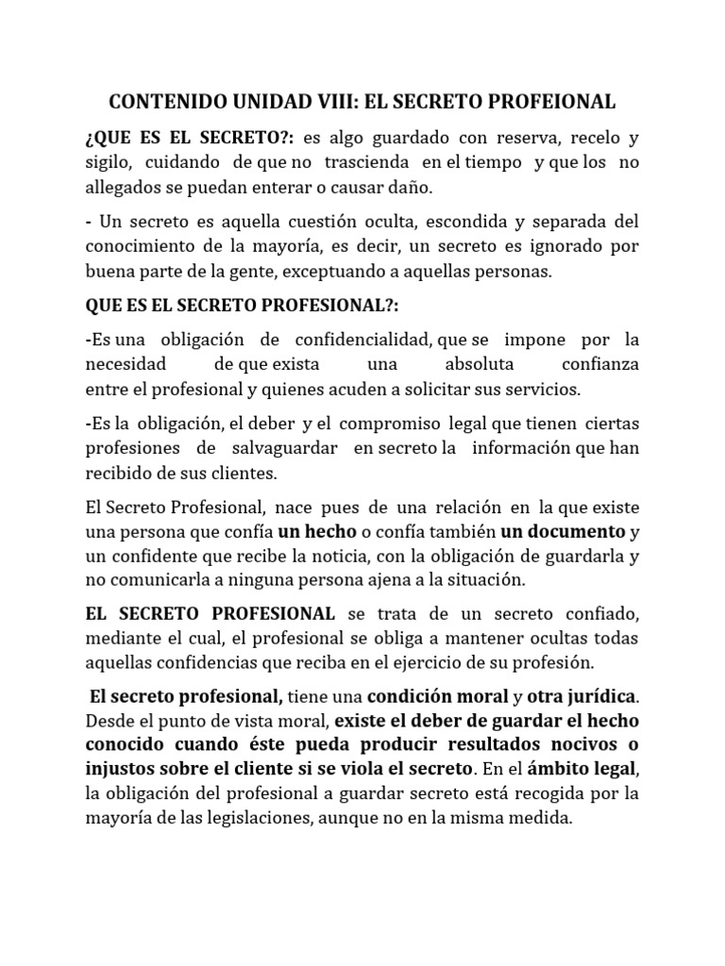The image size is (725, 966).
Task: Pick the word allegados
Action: [124, 188]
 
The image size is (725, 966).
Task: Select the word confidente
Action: [146, 556]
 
